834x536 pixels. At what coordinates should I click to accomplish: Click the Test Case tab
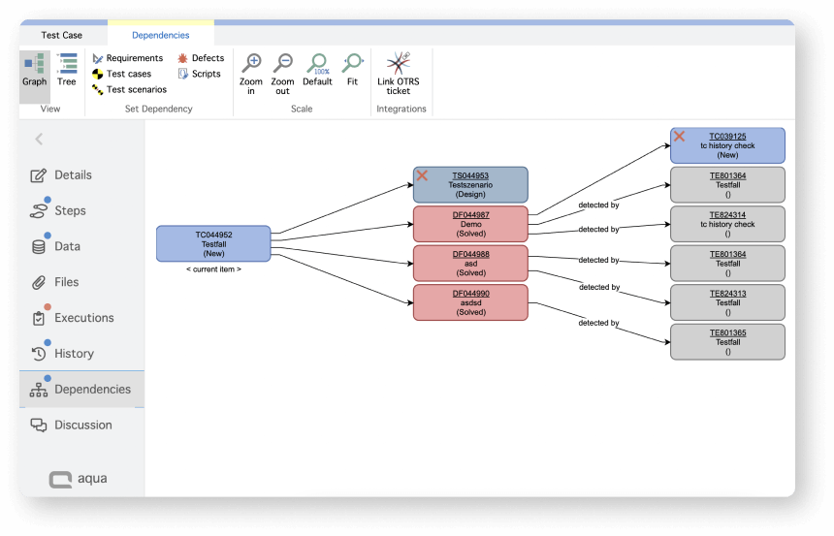pyautogui.click(x=62, y=35)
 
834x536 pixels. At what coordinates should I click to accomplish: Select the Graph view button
pyautogui.click(x=35, y=70)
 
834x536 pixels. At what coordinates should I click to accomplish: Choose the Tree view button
pyautogui.click(x=67, y=70)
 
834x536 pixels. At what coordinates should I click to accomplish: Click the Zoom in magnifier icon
pyautogui.click(x=251, y=64)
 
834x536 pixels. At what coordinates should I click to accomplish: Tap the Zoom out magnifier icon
pyautogui.click(x=282, y=64)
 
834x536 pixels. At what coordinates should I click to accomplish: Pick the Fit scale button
pyautogui.click(x=352, y=64)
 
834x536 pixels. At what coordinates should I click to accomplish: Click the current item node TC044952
pyautogui.click(x=213, y=243)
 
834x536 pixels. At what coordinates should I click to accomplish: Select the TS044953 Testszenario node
pyautogui.click(x=470, y=184)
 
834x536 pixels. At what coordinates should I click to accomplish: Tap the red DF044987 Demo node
pyautogui.click(x=470, y=224)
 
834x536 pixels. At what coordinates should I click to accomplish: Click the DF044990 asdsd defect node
pyautogui.click(x=470, y=302)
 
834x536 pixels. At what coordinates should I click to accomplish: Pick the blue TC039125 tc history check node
pyautogui.click(x=727, y=145)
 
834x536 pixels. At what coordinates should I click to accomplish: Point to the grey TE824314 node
pyautogui.click(x=727, y=224)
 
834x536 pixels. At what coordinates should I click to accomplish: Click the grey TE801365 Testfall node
pyautogui.click(x=727, y=341)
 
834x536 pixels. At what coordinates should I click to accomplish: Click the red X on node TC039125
pyautogui.click(x=680, y=137)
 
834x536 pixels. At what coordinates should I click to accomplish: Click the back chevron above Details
pyautogui.click(x=39, y=140)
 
